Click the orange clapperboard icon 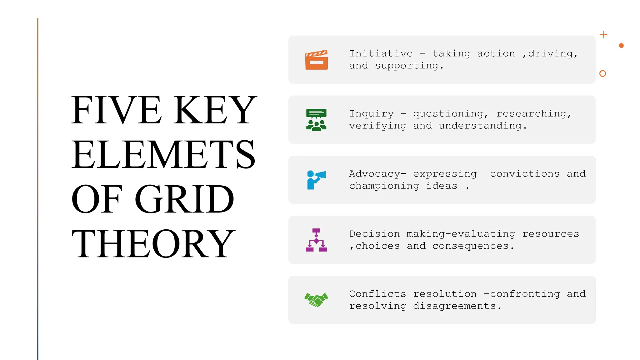tap(316, 60)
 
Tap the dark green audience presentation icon tap(316, 120)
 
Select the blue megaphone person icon tap(316, 180)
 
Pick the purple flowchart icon tap(316, 240)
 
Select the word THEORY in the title tap(153, 244)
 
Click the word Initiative tap(381, 54)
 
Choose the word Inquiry tap(371, 114)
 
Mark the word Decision tap(374, 234)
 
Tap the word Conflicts tap(377, 294)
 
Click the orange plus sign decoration tap(604, 35)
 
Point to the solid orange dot tap(621, 46)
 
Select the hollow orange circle tap(603, 73)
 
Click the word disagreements tap(454, 306)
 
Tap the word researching tap(532, 114)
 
